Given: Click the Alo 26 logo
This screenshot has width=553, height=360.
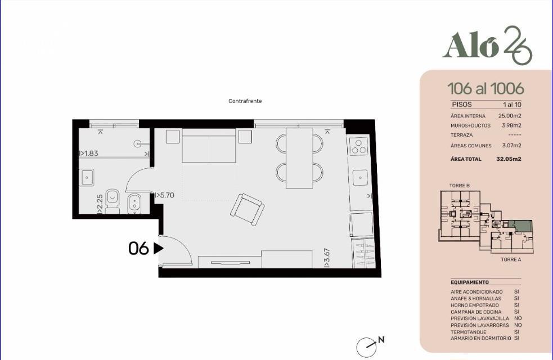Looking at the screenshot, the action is [x=487, y=45].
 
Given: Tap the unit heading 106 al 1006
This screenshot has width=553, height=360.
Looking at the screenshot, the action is [x=485, y=88].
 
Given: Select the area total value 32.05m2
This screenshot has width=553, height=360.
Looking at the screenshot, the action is [x=509, y=159].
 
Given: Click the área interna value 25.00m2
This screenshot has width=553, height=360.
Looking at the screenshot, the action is [x=510, y=116].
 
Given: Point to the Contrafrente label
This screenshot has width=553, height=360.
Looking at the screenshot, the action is [x=245, y=101].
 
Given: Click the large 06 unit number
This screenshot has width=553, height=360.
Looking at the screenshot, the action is [x=138, y=249].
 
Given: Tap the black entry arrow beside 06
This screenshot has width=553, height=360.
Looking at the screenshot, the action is [x=159, y=249].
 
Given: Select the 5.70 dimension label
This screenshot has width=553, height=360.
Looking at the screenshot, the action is [x=165, y=195].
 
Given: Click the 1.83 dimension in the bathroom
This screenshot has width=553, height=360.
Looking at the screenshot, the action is [x=89, y=154].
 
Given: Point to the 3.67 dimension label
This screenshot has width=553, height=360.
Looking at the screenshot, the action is [x=327, y=258].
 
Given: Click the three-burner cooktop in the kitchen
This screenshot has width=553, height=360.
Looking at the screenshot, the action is [x=359, y=146].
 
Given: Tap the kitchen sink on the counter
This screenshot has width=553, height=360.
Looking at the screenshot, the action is [x=361, y=178].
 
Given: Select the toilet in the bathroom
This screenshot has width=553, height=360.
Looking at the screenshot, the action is [x=113, y=201].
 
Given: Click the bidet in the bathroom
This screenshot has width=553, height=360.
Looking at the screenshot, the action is [x=134, y=204].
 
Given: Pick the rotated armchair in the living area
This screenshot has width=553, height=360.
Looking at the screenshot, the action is [x=247, y=209].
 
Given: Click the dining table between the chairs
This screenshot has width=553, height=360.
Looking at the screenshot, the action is [x=299, y=158].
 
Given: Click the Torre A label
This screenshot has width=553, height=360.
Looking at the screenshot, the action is [x=511, y=259].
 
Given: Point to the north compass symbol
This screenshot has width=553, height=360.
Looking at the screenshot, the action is [x=366, y=347].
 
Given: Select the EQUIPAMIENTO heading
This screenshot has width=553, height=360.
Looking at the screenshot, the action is [x=470, y=282].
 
